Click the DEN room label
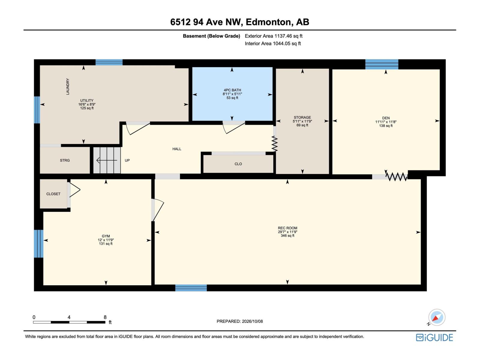tap(386, 118)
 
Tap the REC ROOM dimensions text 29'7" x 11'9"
tap(288, 232)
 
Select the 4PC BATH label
tap(232, 90)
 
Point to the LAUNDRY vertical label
tap(68, 87)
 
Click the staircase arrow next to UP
tap(107, 160)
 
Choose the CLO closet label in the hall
tap(238, 164)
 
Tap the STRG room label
tap(65, 160)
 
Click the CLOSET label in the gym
tap(53, 194)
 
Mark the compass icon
tap(436, 317)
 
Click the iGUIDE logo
tap(434, 337)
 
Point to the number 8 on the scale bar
tap(105, 317)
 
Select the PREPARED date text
tap(240, 321)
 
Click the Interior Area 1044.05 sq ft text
tap(273, 43)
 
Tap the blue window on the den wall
tap(382, 64)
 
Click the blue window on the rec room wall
tap(191, 288)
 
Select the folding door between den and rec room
tap(397, 177)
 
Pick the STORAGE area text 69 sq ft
tap(302, 125)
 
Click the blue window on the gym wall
tap(38, 244)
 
